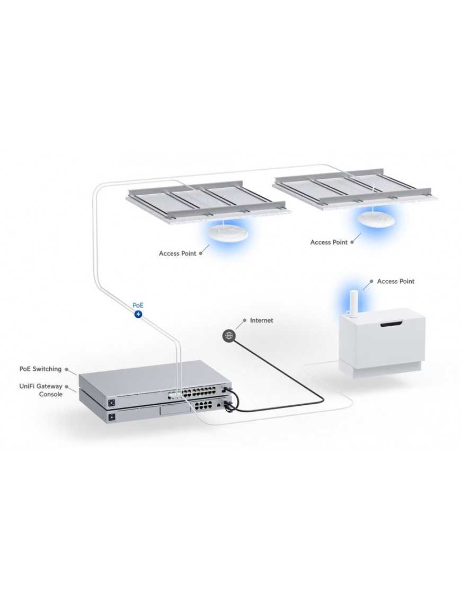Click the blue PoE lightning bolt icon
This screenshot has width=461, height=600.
click(138, 314)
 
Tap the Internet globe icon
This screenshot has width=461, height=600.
click(228, 335)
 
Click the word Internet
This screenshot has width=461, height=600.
click(261, 320)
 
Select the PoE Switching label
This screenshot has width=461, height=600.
click(40, 369)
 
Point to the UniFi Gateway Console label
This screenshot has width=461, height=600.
click(41, 390)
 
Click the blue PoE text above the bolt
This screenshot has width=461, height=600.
click(138, 306)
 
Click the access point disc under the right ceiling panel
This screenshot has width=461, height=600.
click(376, 218)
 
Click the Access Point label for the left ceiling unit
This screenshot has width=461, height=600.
click(177, 254)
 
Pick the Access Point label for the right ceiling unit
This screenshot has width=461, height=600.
click(329, 242)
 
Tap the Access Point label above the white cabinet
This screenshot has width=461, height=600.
click(395, 281)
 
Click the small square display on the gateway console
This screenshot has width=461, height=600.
click(112, 418)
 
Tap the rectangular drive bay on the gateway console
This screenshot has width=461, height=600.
click(174, 408)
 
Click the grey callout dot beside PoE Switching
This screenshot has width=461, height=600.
click(67, 369)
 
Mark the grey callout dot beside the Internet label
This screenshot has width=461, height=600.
click(244, 320)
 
